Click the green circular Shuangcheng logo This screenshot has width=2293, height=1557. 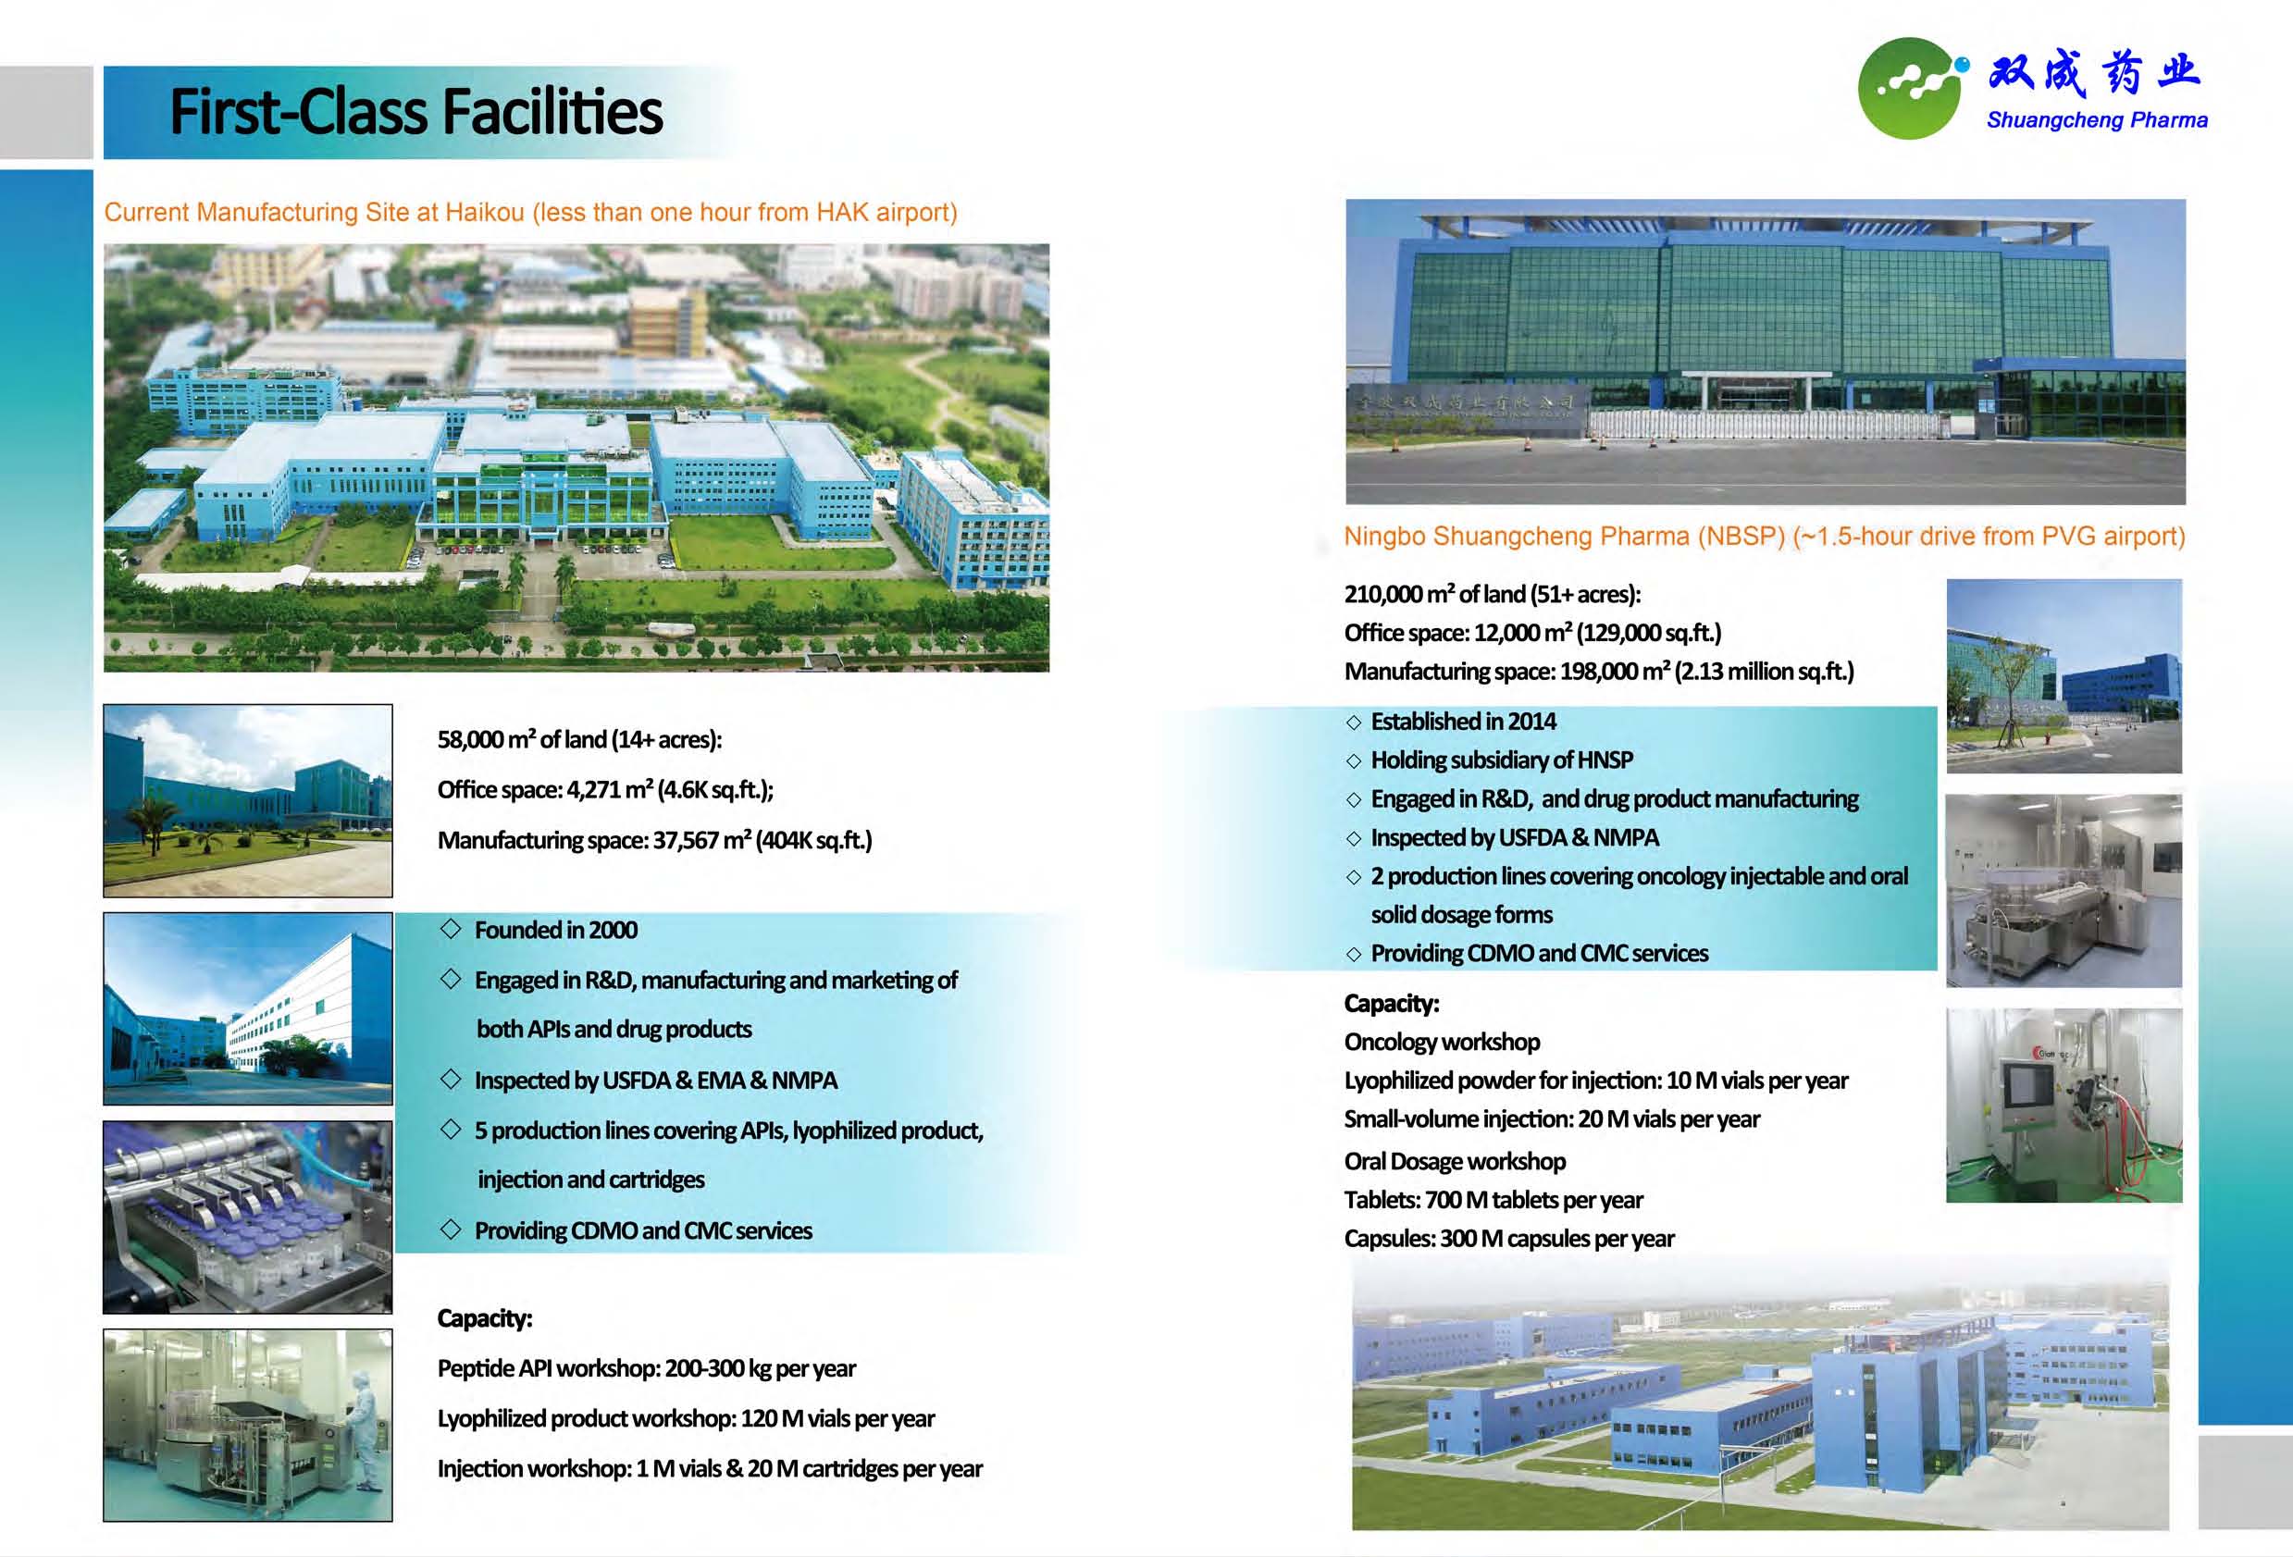pyautogui.click(x=1908, y=89)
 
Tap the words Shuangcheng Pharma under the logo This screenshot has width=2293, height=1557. pyautogui.click(x=2097, y=120)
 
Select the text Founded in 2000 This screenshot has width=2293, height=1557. pyautogui.click(x=555, y=930)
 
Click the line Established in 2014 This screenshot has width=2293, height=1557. pyautogui.click(x=1463, y=722)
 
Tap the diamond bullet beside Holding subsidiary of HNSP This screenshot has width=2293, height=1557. pyautogui.click(x=1353, y=760)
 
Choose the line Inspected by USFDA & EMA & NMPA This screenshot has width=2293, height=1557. pyautogui.click(x=655, y=1081)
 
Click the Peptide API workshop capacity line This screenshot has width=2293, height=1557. pyautogui.click(x=646, y=1368)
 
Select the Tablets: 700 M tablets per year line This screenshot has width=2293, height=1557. pyautogui.click(x=1493, y=1200)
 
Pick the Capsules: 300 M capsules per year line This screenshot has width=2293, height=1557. pyautogui.click(x=1508, y=1239)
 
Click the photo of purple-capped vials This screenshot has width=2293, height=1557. pyautogui.click(x=248, y=1217)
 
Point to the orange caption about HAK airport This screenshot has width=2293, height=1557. pyautogui.click(x=531, y=212)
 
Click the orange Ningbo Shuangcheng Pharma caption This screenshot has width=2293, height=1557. pyautogui.click(x=1764, y=536)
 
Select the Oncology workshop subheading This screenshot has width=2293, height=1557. pyautogui.click(x=1442, y=1042)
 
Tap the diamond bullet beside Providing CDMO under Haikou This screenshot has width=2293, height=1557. pyautogui.click(x=451, y=1230)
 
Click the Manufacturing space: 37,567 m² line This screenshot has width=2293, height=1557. pyautogui.click(x=654, y=840)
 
